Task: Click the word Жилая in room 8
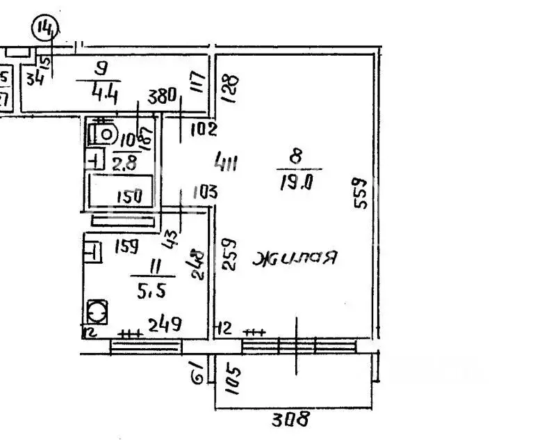295,259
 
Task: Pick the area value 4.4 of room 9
102,93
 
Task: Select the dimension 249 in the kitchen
165,323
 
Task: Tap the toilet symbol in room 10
104,133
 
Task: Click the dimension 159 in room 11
125,246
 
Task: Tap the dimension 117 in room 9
197,84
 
